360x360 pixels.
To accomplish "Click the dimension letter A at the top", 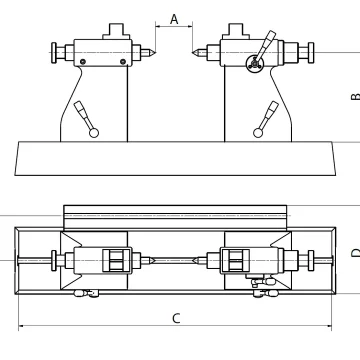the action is click(174, 19).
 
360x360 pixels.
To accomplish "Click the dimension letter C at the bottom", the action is click(176, 318).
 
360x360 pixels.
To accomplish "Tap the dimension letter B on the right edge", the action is click(356, 97).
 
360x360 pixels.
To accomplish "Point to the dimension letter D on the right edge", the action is click(356, 253).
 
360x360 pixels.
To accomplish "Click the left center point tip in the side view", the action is click(154, 52).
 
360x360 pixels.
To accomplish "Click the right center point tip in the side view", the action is click(192, 52).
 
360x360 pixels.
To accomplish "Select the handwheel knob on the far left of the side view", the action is click(54, 52).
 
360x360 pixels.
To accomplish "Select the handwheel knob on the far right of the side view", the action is click(311, 52).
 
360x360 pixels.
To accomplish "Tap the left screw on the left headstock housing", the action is click(83, 62).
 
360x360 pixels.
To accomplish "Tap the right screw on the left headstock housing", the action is click(123, 62).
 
